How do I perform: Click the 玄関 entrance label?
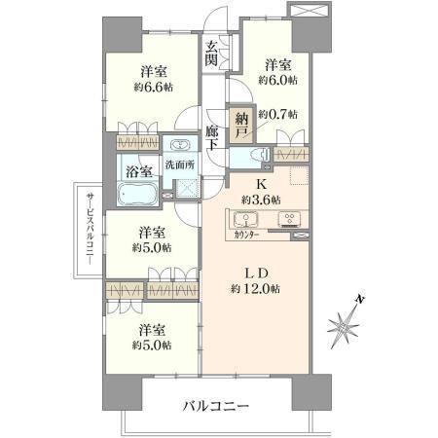point(211,55)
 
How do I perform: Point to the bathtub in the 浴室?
point(138,194)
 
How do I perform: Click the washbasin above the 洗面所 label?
point(179,144)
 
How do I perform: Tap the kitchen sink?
point(245,219)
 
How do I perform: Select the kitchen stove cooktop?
point(289,219)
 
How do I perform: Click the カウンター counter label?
point(246,235)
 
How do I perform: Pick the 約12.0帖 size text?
point(256,289)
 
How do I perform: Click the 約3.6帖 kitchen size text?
point(261,200)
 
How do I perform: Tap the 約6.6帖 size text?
point(153,87)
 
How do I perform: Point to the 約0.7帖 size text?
point(277,114)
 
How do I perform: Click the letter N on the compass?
point(359,299)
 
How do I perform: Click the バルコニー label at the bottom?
point(216,406)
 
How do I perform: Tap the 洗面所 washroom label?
point(180,164)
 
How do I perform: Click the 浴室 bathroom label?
point(139,172)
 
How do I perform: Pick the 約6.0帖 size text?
point(277,80)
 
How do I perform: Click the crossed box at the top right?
point(310,10)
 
